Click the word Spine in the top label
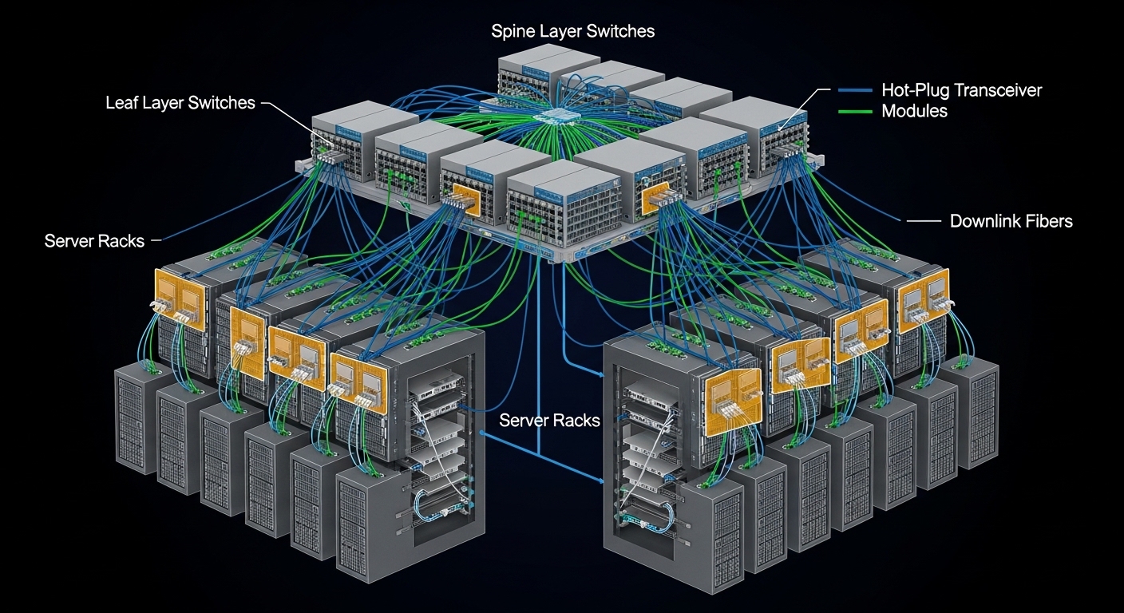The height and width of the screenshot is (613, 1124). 511,32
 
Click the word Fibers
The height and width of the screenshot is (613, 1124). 1049,220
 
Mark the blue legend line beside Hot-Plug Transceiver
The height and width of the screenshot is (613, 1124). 855,90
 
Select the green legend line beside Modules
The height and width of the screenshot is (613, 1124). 855,111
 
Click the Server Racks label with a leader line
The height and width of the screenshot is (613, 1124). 94,240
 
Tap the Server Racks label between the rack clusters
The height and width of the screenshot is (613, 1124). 549,420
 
